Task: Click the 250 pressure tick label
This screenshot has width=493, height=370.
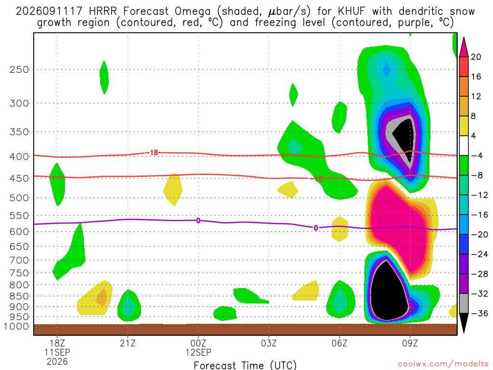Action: click(x=19, y=69)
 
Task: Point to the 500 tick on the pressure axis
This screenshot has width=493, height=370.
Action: click(x=19, y=198)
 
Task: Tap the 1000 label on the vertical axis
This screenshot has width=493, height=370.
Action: click(x=16, y=326)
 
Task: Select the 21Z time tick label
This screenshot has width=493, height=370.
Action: click(x=128, y=343)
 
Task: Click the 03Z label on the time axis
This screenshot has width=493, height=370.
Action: click(x=269, y=343)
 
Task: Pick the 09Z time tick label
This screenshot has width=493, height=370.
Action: click(x=410, y=343)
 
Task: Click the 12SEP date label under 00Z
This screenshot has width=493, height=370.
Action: click(x=198, y=352)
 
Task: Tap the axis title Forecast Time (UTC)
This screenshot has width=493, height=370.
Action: click(x=245, y=365)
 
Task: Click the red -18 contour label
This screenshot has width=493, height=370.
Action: click(x=153, y=153)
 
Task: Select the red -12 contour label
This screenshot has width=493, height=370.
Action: click(x=318, y=178)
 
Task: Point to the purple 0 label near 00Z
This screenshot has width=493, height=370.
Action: click(x=198, y=221)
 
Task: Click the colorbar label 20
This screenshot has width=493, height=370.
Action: click(x=476, y=57)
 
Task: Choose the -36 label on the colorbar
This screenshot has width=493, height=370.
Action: click(x=479, y=313)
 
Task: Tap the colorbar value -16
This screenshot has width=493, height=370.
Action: click(x=479, y=215)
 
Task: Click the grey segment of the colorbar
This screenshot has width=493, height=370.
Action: click(x=464, y=304)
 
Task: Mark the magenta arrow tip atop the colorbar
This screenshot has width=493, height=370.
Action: click(x=464, y=38)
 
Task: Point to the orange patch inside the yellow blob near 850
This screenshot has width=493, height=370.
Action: click(x=102, y=297)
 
